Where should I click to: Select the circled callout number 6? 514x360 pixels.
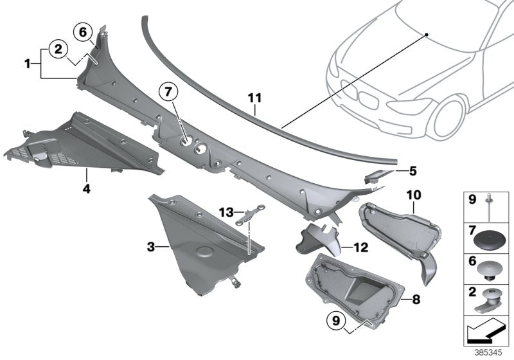coord(82,30)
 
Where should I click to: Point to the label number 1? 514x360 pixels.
coord(28,63)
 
